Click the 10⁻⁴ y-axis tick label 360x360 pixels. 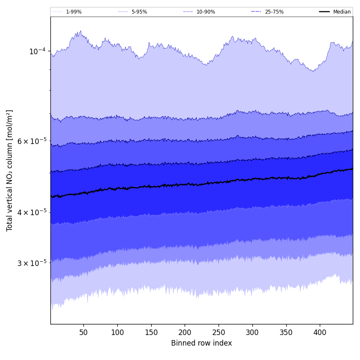37,51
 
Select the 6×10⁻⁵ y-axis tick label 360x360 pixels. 32,141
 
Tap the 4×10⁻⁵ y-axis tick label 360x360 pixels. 32,212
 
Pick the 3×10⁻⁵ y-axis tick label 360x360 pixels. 32,263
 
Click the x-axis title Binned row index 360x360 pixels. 202,343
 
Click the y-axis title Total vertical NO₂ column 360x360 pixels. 10,170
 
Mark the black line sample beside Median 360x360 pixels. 325,12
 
